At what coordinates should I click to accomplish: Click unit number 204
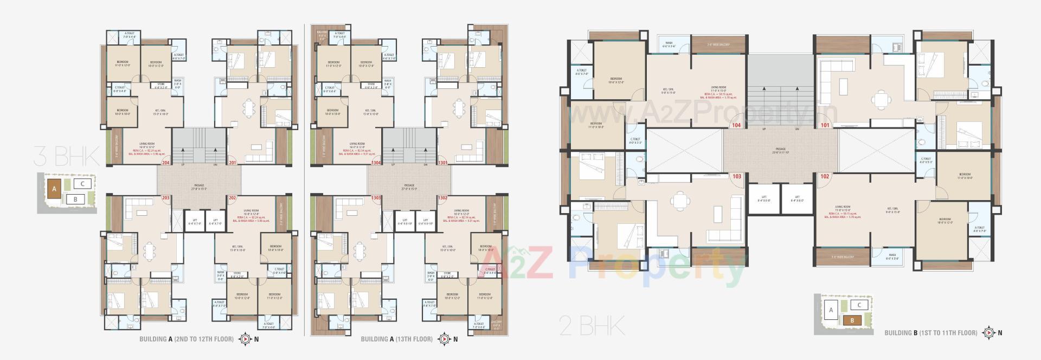coord(166,163)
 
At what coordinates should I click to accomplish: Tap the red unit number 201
coord(233,163)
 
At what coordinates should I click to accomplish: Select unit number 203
coord(166,198)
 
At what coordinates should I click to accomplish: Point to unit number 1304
coord(376,163)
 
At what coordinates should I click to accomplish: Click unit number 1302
coord(443,198)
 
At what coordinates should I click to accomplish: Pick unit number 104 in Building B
coord(736,125)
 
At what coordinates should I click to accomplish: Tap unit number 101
coord(825,125)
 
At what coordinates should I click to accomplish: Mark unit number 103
coord(736,176)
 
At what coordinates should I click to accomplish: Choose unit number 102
coord(825,176)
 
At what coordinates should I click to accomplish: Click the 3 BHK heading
coord(67,157)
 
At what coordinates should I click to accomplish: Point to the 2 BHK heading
coord(592,326)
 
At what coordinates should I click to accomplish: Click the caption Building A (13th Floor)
coord(397,339)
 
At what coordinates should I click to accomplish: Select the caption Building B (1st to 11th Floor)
coord(931,333)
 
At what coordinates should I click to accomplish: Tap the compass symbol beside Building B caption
coord(988,333)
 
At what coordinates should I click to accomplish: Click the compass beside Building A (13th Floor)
coord(445,339)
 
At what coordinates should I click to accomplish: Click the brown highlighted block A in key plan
coord(54,189)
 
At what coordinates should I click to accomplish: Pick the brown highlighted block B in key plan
coord(852,320)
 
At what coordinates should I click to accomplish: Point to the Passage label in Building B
coord(780,149)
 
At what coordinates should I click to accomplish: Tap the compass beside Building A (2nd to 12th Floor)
coord(246,339)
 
